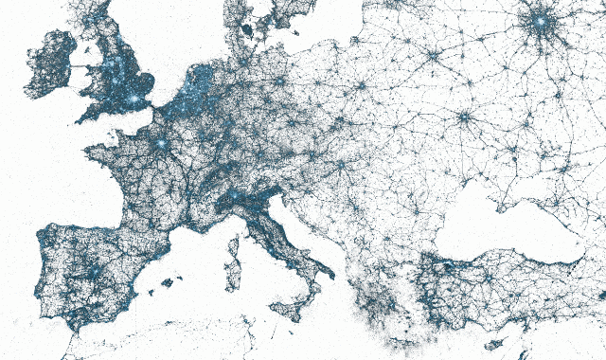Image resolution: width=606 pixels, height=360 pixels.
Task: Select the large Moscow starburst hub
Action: [x=541, y=21]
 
